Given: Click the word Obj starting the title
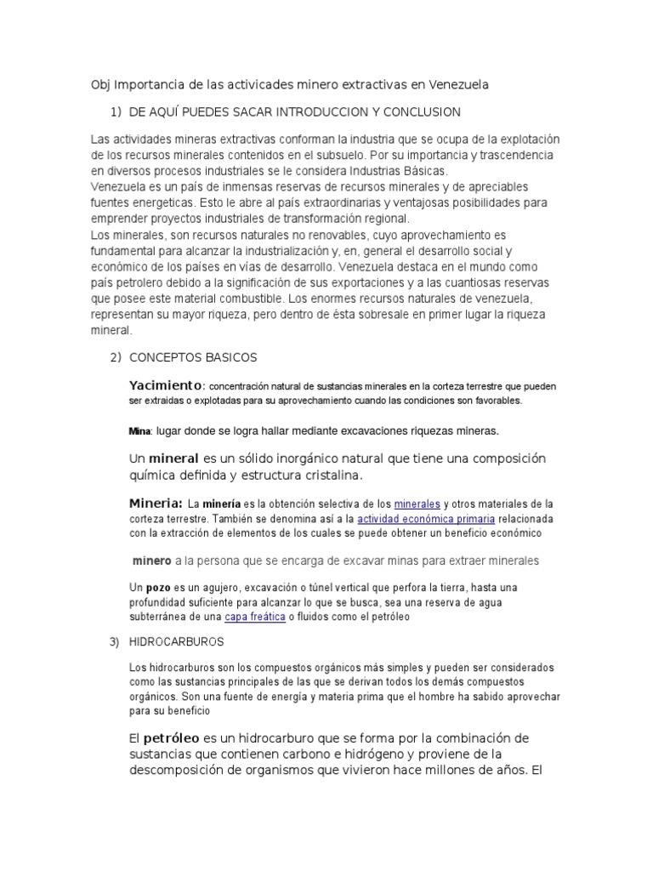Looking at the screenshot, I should [x=100, y=85].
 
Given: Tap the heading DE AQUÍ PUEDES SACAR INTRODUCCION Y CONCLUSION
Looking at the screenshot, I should [x=294, y=112].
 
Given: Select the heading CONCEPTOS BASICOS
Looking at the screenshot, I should [x=192, y=356].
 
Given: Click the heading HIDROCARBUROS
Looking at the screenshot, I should [x=176, y=641].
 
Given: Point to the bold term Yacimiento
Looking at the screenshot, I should [x=166, y=384].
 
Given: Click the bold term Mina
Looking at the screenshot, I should [x=139, y=430].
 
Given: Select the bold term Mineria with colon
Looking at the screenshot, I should [x=156, y=503].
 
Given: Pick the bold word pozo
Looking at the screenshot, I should [x=158, y=588].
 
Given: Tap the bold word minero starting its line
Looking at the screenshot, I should [x=152, y=561].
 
